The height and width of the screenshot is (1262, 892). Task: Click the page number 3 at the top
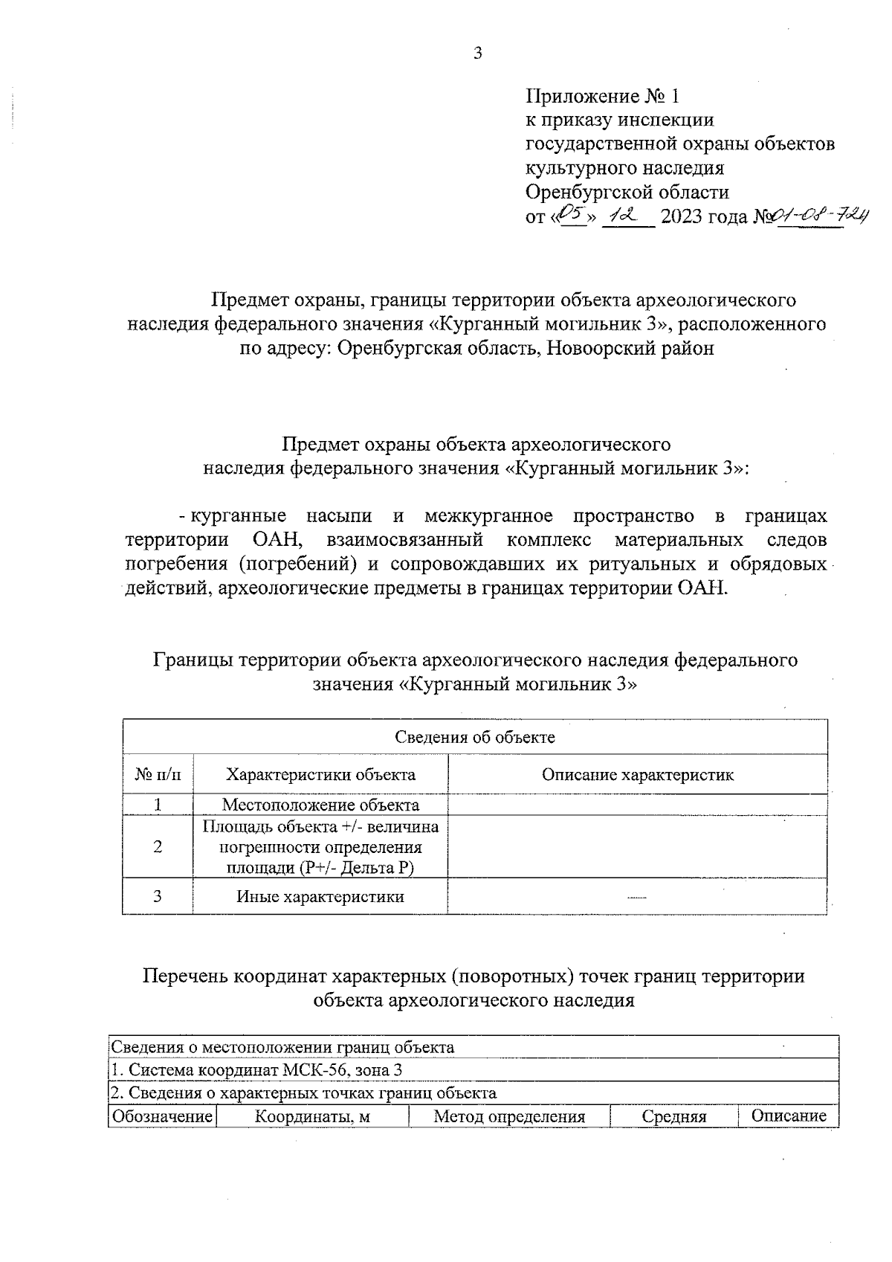[477, 53]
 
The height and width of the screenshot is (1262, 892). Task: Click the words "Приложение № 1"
[602, 96]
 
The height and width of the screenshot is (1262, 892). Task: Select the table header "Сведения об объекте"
[474, 737]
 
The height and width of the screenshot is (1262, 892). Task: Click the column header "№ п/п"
[158, 775]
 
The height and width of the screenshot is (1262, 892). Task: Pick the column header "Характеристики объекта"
[320, 775]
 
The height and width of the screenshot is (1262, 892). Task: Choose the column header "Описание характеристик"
[637, 775]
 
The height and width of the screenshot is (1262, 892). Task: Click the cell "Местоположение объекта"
[320, 805]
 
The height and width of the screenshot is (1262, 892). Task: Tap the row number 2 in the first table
[158, 847]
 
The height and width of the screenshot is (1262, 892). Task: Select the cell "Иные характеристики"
[320, 896]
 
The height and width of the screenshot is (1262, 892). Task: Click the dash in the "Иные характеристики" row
[637, 898]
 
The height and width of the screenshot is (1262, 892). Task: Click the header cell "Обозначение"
[162, 1116]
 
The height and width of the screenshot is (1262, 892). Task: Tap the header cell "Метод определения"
[509, 1116]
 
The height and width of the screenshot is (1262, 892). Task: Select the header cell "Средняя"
[673, 1116]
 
